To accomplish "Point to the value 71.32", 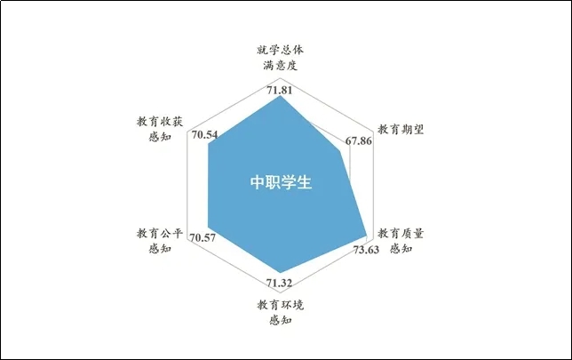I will (281, 284).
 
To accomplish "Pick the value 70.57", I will (205, 237).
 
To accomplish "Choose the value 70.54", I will (205, 135).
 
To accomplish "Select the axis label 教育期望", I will (401, 128).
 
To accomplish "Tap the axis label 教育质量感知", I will (401, 241).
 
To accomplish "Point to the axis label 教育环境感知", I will (282, 312).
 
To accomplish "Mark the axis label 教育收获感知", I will (160, 128).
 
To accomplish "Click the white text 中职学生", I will (281, 183).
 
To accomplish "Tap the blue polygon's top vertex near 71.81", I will (281, 97).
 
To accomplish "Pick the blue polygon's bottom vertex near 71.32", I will (281, 272).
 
